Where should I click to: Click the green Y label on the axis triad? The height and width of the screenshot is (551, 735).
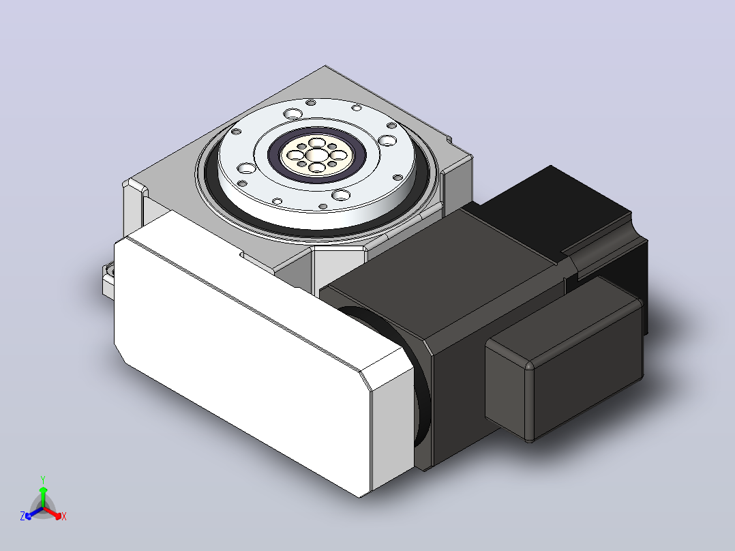click(43, 479)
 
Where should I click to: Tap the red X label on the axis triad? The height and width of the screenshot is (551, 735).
click(64, 516)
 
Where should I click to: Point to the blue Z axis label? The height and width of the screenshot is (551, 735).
click(22, 516)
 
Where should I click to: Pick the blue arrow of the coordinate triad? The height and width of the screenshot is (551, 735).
click(34, 513)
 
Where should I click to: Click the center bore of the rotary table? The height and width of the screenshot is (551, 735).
click(317, 154)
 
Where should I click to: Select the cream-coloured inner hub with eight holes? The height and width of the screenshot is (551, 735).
click(317, 155)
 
